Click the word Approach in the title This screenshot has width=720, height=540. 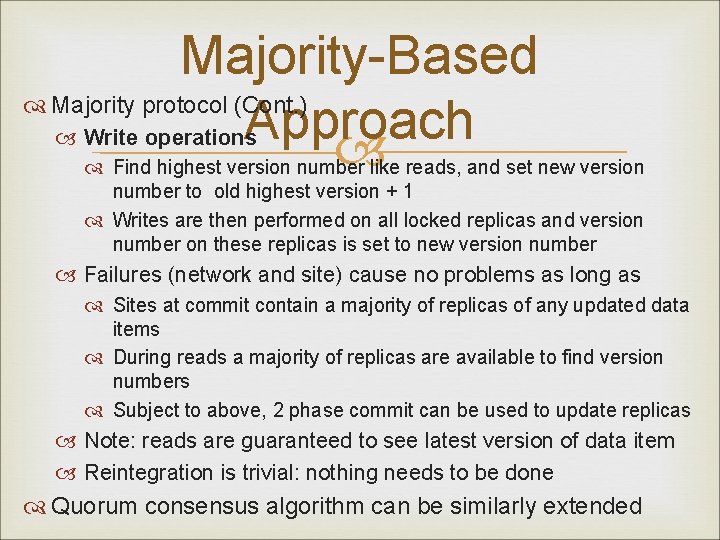(358, 121)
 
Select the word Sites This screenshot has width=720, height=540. (135, 305)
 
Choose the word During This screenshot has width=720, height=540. (143, 357)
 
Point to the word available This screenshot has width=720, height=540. (466, 357)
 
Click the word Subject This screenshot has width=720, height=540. (147, 410)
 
